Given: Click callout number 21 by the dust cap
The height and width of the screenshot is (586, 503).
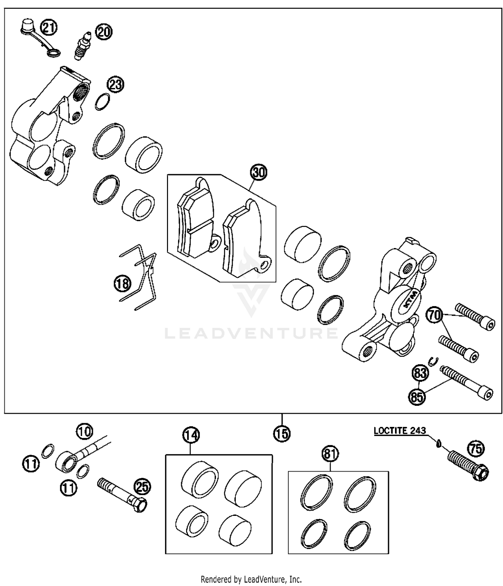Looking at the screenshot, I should (49, 27).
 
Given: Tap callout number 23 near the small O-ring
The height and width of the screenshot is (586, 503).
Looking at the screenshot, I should (115, 85).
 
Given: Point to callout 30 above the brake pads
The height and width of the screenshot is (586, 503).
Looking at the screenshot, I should (259, 172).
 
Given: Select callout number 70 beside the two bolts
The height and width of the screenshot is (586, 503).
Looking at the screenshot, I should (434, 315).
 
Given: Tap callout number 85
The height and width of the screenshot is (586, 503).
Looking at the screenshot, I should (417, 397).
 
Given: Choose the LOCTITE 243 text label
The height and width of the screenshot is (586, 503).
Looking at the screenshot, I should (400, 431).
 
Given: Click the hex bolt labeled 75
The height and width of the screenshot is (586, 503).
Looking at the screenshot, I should (468, 465).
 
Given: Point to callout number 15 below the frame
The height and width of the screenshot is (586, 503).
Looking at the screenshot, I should (282, 434).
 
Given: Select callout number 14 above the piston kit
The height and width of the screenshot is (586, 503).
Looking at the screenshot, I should (191, 435).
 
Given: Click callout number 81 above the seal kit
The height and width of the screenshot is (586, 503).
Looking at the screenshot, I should (330, 454).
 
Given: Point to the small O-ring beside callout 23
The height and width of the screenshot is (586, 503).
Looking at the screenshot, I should (103, 102).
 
